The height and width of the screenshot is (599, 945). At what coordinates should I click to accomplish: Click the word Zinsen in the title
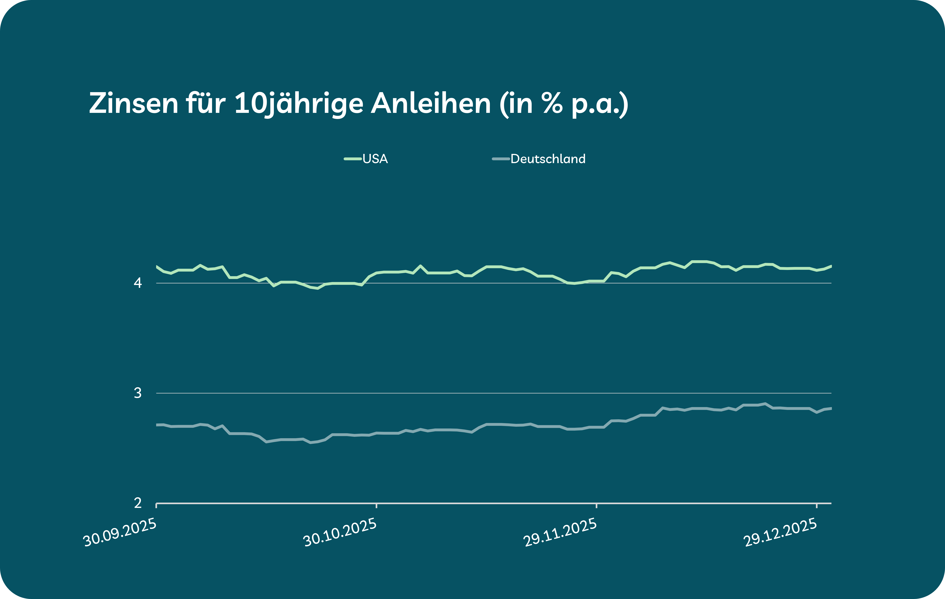click(133, 103)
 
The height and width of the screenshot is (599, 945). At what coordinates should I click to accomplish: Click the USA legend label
click(375, 159)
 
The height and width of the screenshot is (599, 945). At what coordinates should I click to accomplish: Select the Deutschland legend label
click(548, 159)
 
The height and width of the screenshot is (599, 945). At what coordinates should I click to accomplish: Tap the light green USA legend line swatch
click(352, 159)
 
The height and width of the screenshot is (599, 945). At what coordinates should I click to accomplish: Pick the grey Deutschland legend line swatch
click(501, 159)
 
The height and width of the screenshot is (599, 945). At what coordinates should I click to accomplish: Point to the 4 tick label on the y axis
click(138, 283)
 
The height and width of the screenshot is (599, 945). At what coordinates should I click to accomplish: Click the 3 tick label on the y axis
click(138, 393)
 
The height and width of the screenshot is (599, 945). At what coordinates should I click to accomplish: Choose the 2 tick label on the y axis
click(138, 503)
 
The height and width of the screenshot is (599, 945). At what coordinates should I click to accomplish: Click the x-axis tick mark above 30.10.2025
click(376, 506)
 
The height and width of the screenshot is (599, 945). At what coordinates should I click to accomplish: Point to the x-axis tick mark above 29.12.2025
click(817, 506)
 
